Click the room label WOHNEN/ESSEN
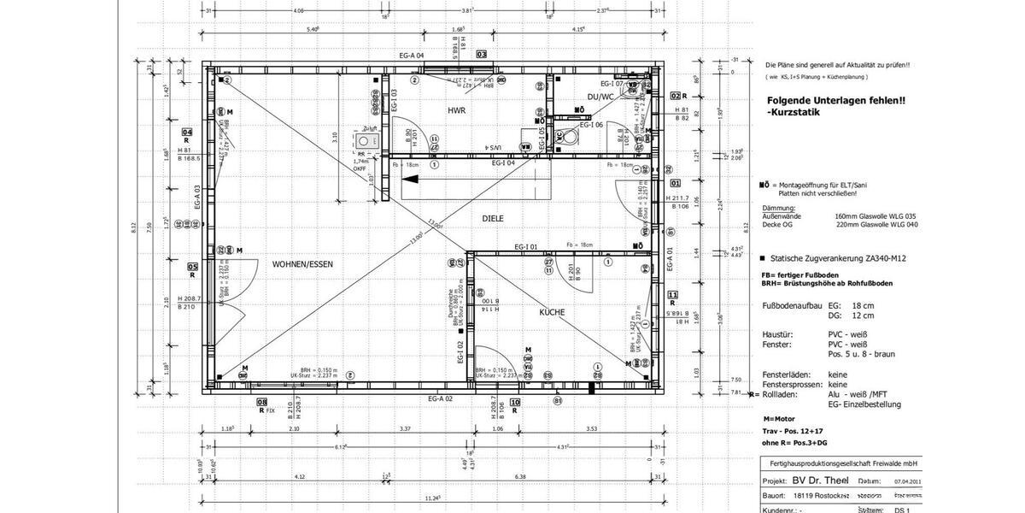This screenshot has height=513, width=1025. [302, 264]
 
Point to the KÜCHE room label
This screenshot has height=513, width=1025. [552, 313]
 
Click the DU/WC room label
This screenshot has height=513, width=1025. [601, 97]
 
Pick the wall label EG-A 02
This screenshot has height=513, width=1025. [439, 398]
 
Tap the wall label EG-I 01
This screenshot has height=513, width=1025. [525, 247]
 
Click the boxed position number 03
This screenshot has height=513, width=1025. [482, 54]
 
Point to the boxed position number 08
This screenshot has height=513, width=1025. [262, 402]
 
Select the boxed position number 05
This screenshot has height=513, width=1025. [192, 267]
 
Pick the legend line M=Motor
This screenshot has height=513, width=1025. [780, 419]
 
